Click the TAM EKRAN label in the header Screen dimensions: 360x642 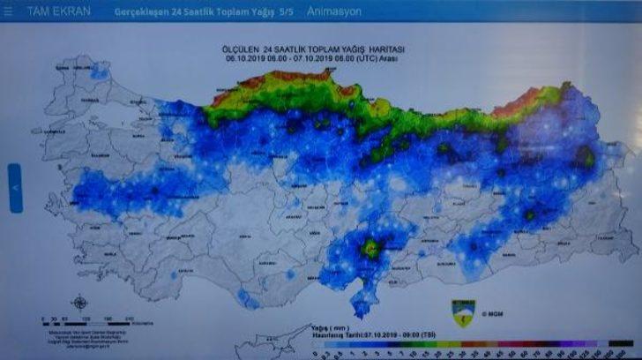[57, 12]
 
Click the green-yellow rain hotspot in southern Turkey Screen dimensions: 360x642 [370, 248]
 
